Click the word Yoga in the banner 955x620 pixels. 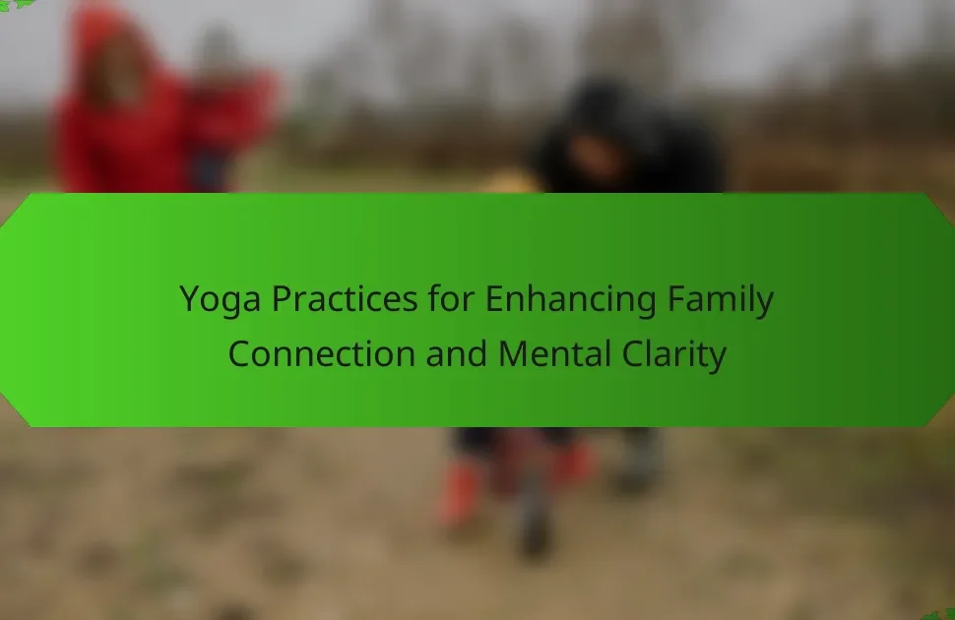tap(220, 299)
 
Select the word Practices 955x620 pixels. tap(345, 298)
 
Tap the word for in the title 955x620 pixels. tap(451, 298)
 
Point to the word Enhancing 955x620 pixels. tap(571, 299)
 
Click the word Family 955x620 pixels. tap(721, 299)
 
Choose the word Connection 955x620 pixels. tap(322, 354)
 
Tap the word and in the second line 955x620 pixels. tap(457, 353)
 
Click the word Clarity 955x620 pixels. tap(674, 354)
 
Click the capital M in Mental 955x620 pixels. tap(512, 354)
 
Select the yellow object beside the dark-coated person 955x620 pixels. tap(513, 181)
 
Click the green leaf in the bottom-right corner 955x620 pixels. tap(940, 614)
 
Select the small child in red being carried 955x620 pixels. tap(228, 122)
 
